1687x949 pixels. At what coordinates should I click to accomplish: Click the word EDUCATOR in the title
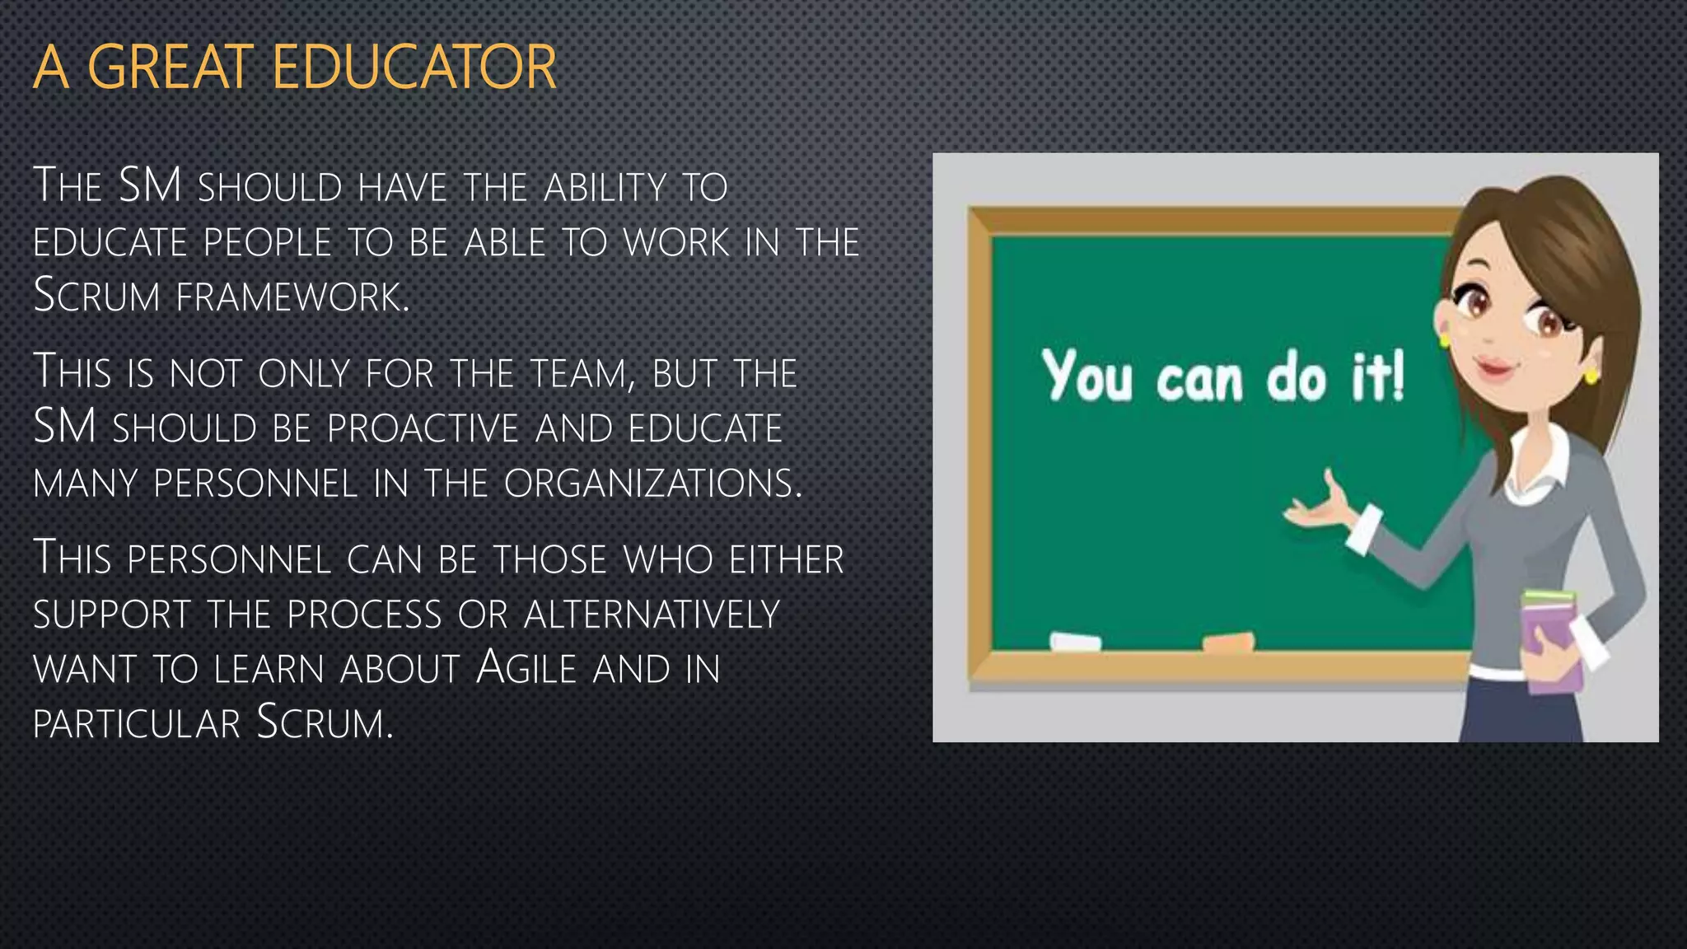click(x=414, y=68)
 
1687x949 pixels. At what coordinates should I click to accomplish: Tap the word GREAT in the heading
click(x=170, y=68)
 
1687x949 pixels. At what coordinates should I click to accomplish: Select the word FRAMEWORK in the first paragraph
click(x=292, y=297)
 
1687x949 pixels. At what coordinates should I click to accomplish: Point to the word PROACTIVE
click(x=423, y=428)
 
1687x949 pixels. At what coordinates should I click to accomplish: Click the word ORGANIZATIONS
click(x=652, y=484)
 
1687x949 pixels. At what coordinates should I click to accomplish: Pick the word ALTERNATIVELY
click(x=652, y=615)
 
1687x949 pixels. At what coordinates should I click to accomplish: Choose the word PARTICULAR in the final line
click(x=136, y=723)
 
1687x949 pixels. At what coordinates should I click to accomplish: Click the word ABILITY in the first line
click(x=604, y=188)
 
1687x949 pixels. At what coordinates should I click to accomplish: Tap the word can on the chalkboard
click(x=1199, y=381)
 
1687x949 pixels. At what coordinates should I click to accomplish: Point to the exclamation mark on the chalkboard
click(x=1396, y=376)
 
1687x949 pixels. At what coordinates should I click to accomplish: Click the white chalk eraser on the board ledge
click(x=1075, y=641)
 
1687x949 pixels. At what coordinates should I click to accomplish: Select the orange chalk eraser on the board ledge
click(x=1227, y=641)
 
